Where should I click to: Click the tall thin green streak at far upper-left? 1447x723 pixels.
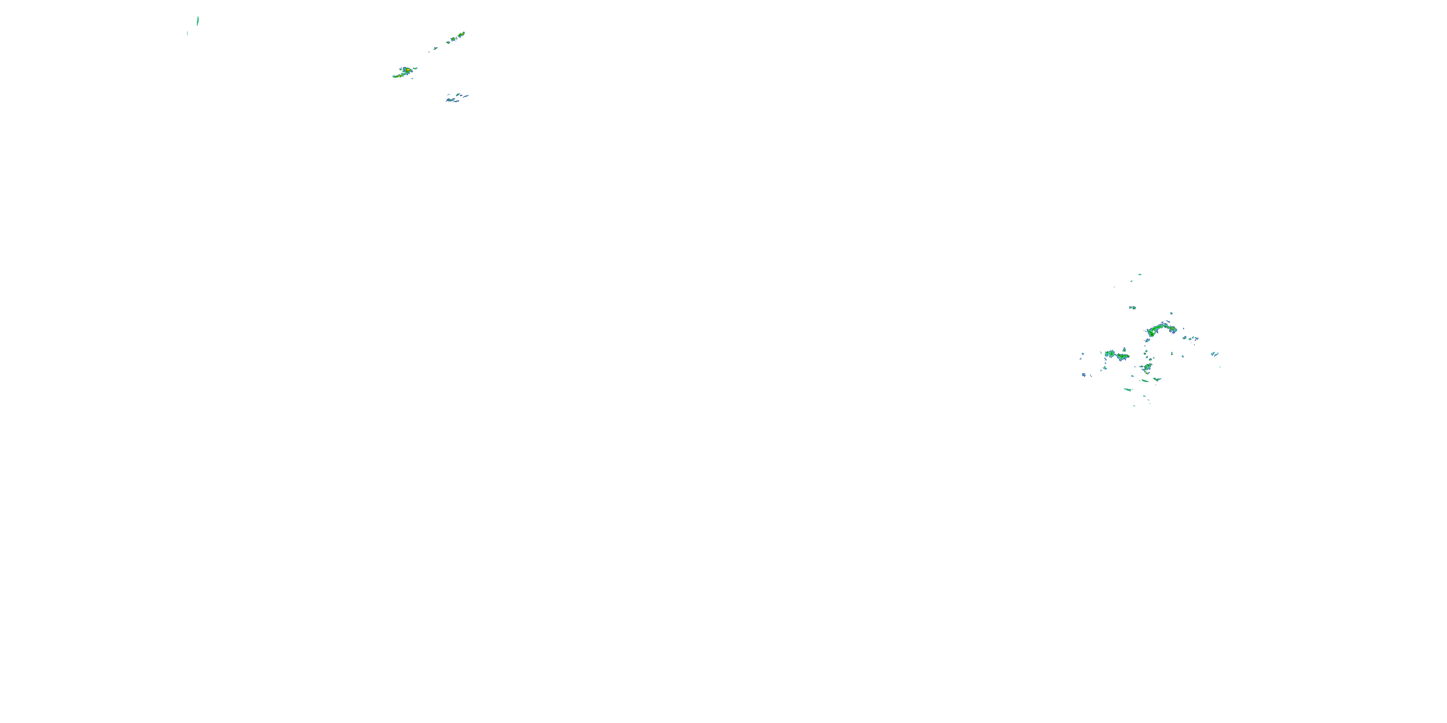pos(198,21)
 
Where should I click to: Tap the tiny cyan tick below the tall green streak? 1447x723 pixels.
pos(187,33)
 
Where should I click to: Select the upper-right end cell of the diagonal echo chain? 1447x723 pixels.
pos(462,34)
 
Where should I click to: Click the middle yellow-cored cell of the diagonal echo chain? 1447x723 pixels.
pos(454,40)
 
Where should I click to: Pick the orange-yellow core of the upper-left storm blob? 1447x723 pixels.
pos(406,70)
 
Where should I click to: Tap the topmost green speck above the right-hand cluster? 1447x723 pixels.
pos(1140,274)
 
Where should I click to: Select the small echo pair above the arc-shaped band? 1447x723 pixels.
pos(1133,308)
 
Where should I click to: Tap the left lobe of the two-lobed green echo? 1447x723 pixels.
pos(1109,354)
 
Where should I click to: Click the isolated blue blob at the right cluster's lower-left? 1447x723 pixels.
pos(1084,375)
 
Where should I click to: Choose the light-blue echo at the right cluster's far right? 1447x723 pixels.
pos(1215,354)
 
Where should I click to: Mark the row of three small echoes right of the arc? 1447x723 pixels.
pos(1191,338)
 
